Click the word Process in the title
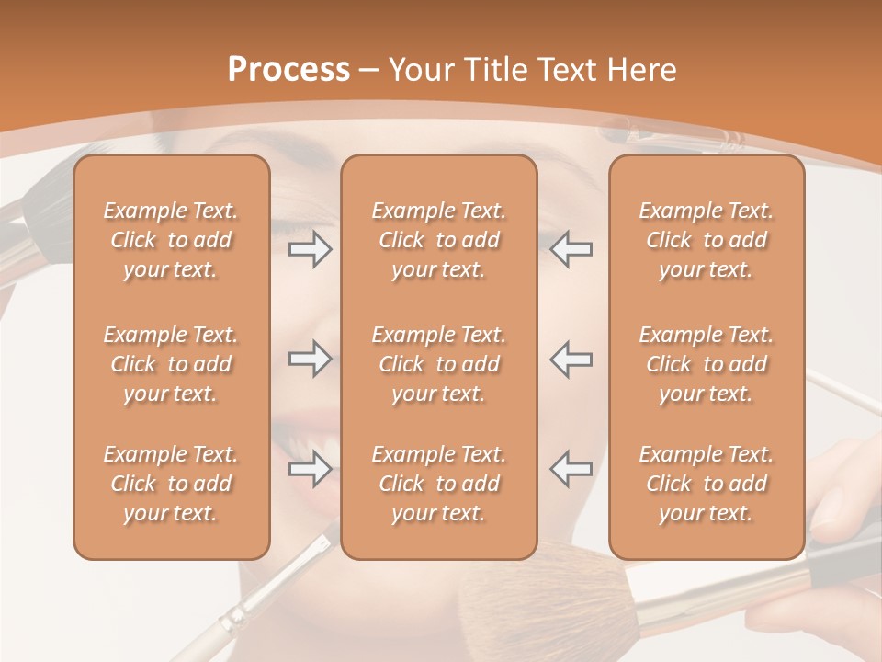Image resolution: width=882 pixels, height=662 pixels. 288,70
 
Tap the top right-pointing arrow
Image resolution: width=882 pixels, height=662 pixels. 310,249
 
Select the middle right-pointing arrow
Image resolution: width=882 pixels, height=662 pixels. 310,359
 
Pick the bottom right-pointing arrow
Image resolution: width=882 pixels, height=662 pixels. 310,469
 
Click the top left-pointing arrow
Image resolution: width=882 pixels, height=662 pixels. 571,249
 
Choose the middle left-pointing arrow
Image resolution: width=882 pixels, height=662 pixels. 571,359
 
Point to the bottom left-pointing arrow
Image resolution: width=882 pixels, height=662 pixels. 571,469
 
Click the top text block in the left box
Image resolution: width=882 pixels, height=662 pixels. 171,240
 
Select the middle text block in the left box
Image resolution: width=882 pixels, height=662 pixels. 171,364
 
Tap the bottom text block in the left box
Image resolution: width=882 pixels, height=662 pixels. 171,484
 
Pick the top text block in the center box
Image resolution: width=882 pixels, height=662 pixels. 438,240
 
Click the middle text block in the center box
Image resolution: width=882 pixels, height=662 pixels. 438,364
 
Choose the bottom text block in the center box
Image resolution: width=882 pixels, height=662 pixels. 438,484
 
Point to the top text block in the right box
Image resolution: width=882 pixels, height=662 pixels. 706,240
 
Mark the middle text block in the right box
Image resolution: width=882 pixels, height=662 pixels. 706,364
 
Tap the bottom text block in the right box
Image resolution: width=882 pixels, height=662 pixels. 706,484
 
